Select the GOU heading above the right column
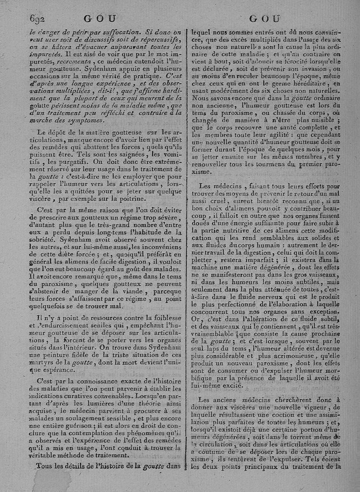pyautogui.click(x=264, y=19)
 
